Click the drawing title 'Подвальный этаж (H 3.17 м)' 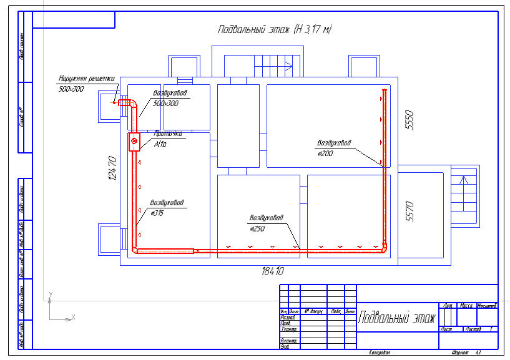pos(274,29)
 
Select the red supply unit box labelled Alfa pos(134,143)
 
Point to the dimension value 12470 pos(113,168)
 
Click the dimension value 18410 pos(273,271)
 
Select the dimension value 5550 pos(409,120)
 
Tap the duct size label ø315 pos(157,213)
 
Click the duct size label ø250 pos(257,228)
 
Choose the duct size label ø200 pos(325,152)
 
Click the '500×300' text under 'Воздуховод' pos(165,103)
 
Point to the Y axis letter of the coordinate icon pos(51,294)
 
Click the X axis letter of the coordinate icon pos(73,317)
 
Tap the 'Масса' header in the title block pos(465,306)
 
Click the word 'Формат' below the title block pos(451,353)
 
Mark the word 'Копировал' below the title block pos(379,353)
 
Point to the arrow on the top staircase pos(288,64)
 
